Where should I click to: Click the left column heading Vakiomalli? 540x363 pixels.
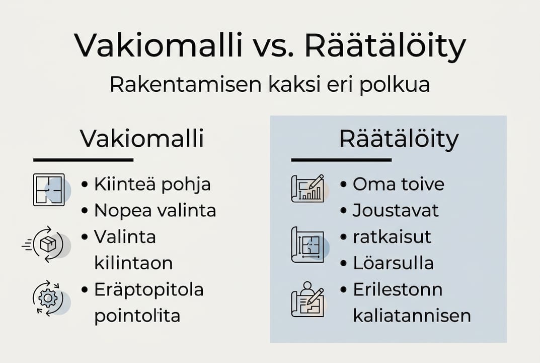(142, 139)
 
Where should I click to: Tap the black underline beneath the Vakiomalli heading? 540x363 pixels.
(83, 160)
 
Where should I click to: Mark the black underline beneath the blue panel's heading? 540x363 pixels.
(341, 160)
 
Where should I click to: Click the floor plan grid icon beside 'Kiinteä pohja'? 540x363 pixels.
(49, 190)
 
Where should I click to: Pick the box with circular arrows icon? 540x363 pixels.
(48, 245)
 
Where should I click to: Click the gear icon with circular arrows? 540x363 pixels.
(48, 298)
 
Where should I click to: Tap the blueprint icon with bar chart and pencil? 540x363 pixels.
(307, 189)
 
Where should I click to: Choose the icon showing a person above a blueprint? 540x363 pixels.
(307, 299)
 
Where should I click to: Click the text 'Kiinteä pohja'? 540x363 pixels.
(152, 185)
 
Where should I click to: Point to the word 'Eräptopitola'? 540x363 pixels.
(148, 290)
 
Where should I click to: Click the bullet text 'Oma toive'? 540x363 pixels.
(398, 184)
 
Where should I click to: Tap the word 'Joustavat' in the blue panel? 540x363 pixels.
(396, 210)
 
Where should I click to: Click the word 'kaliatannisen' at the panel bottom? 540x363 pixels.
(412, 316)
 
